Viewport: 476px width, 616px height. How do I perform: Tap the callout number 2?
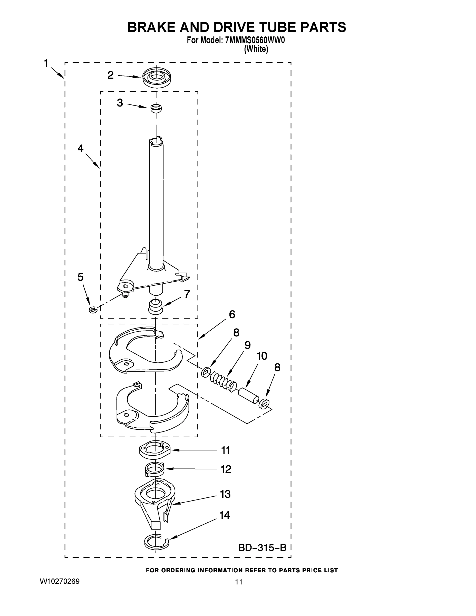pos(111,75)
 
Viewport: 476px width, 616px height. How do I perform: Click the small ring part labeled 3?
pos(156,108)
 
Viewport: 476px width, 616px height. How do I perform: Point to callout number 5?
pos(80,277)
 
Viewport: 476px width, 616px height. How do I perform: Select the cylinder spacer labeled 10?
pos(248,396)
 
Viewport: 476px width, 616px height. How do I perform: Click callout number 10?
pos(262,356)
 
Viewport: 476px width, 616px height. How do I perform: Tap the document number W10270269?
pos(60,581)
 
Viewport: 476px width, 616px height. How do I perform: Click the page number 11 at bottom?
pos(239,582)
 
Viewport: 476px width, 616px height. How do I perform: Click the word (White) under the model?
pos(256,49)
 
